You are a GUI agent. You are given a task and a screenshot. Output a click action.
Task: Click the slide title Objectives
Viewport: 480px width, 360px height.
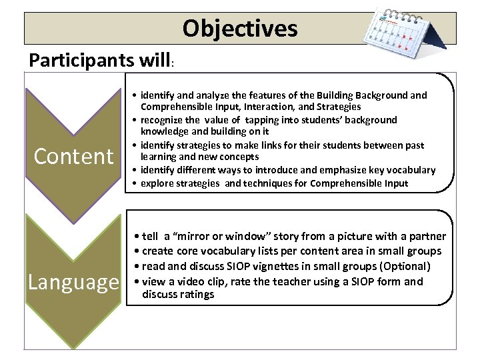pyautogui.click(x=240, y=29)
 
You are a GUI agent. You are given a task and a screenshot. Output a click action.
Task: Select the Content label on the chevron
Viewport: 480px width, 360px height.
pyautogui.click(x=74, y=156)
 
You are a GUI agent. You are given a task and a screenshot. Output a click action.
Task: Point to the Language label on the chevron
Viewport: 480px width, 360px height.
pyautogui.click(x=73, y=281)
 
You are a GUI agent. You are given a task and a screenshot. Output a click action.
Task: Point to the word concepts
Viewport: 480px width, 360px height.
pyautogui.click(x=236, y=157)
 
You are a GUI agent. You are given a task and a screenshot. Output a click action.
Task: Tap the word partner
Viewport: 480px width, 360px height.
pyautogui.click(x=426, y=236)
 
